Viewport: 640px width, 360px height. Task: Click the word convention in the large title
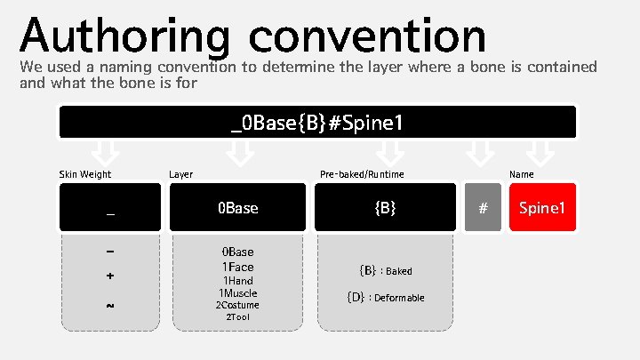coord(368,37)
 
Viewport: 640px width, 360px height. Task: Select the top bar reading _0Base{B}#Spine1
coord(317,122)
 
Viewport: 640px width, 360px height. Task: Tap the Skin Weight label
coord(85,174)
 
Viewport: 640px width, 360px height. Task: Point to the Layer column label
coord(181,174)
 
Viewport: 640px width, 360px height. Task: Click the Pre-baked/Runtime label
coord(362,174)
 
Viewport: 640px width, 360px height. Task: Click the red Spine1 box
coord(542,208)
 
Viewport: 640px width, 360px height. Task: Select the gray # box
coord(483,208)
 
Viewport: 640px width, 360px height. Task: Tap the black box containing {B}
coord(385,208)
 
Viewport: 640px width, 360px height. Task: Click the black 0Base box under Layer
coord(237,208)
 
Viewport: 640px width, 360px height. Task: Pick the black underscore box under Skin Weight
coord(110,208)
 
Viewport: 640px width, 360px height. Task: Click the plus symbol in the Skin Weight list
coord(110,276)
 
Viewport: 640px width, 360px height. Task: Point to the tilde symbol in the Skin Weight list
coord(110,305)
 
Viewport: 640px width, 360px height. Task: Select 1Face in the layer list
coord(237,267)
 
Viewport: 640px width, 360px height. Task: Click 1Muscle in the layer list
coord(237,292)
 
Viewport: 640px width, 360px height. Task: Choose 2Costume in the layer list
coord(237,305)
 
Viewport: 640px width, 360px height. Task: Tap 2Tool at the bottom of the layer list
coord(237,317)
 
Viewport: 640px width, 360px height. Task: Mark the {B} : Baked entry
coord(385,270)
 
